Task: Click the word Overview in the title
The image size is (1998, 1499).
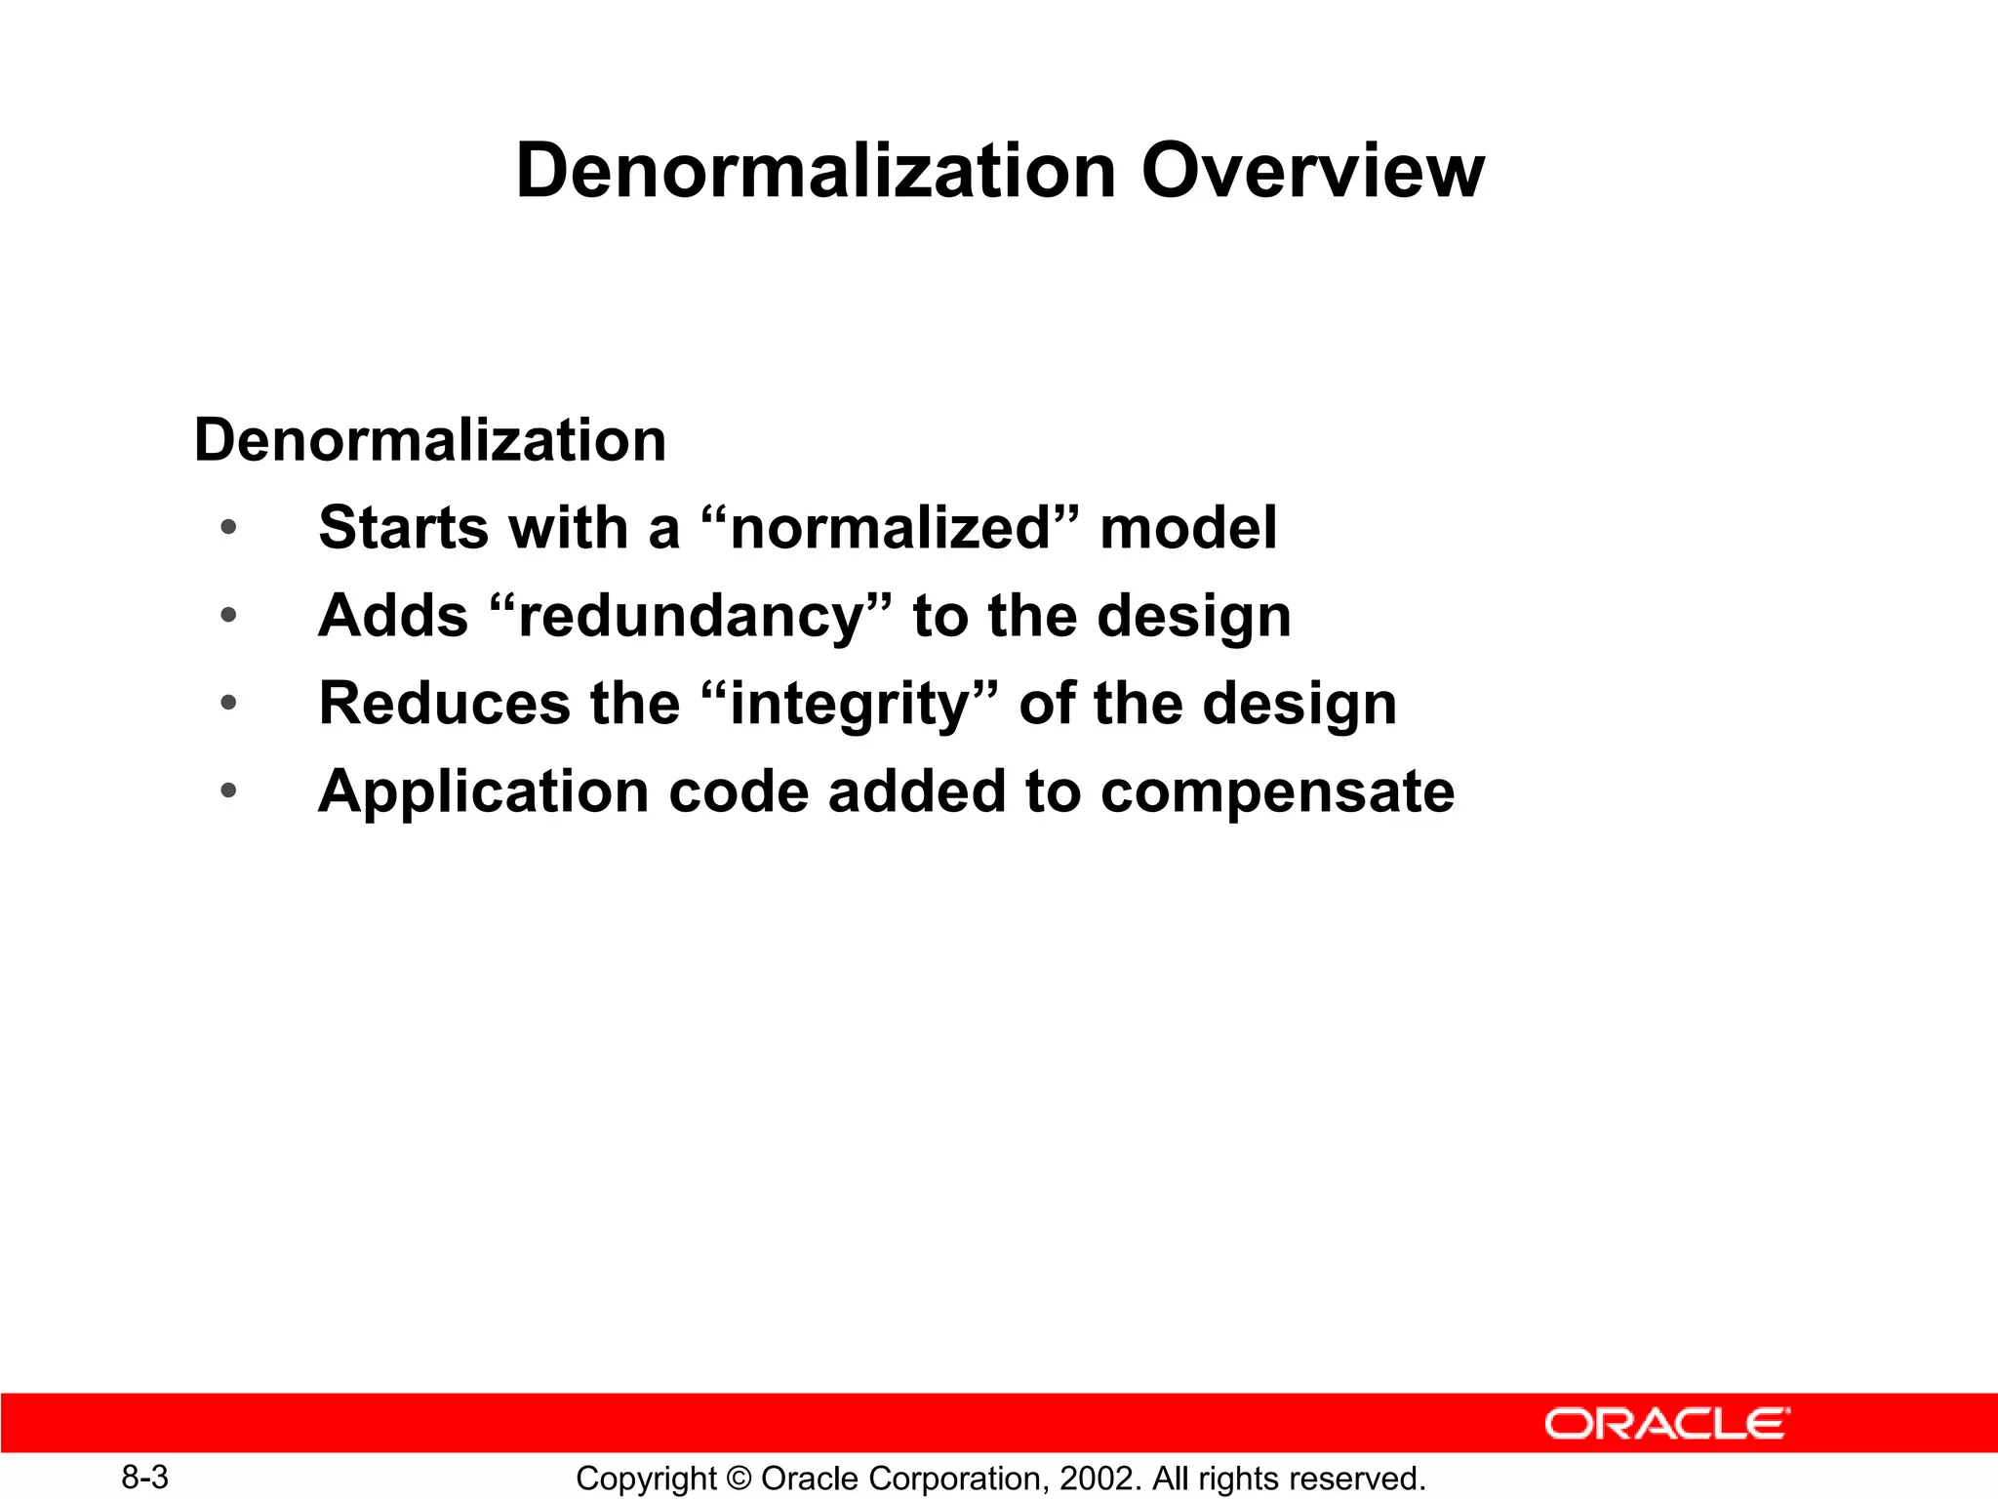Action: (1312, 171)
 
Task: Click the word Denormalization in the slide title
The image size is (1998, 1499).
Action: (816, 171)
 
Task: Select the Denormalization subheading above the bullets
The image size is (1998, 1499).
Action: (430, 440)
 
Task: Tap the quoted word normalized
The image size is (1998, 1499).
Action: (891, 528)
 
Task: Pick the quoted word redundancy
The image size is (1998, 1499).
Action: (691, 617)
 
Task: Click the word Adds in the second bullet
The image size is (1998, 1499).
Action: (393, 617)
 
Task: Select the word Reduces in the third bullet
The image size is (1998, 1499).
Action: (444, 705)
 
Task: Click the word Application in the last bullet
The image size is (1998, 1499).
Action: (483, 791)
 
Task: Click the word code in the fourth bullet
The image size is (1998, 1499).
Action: (739, 791)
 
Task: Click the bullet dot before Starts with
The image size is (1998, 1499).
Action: (228, 528)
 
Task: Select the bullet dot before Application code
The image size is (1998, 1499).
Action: (228, 790)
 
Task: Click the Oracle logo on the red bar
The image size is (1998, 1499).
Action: (1666, 1424)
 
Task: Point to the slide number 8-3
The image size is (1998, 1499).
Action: (144, 1478)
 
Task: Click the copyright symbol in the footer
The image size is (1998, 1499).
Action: (739, 1479)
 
